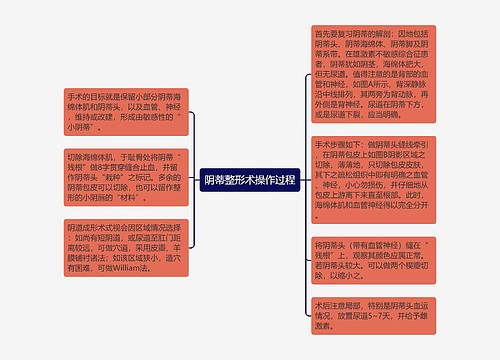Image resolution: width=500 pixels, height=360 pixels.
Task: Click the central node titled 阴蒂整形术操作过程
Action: coord(249,180)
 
